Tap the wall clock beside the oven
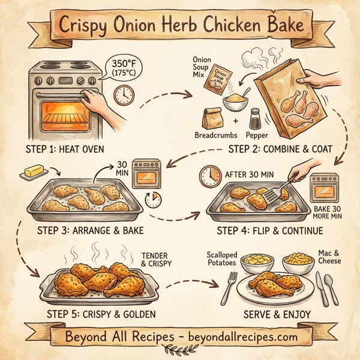tap(123, 95)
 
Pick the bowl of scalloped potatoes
tap(257, 262)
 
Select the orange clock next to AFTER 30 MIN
tap(210, 176)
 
